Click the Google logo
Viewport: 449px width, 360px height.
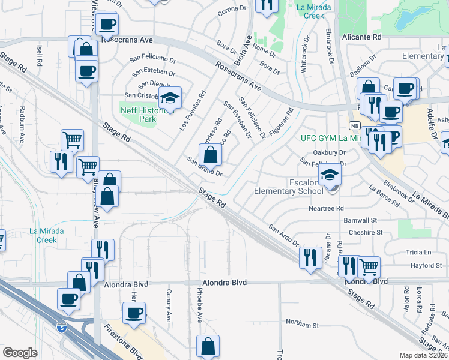[x=20, y=353]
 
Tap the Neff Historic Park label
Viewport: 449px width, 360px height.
[x=138, y=115]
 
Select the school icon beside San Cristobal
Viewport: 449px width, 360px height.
[x=170, y=98]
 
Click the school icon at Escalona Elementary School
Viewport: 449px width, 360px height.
[x=330, y=175]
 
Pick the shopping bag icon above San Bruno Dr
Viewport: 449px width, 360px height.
[x=210, y=155]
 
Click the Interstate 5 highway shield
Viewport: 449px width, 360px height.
[x=61, y=328]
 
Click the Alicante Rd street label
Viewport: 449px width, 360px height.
[x=362, y=37]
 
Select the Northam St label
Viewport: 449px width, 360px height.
[x=302, y=325]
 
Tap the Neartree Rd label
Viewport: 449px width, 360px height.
[x=326, y=208]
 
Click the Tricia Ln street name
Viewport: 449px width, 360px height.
[x=420, y=252]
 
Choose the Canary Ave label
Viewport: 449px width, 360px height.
[x=169, y=304]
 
